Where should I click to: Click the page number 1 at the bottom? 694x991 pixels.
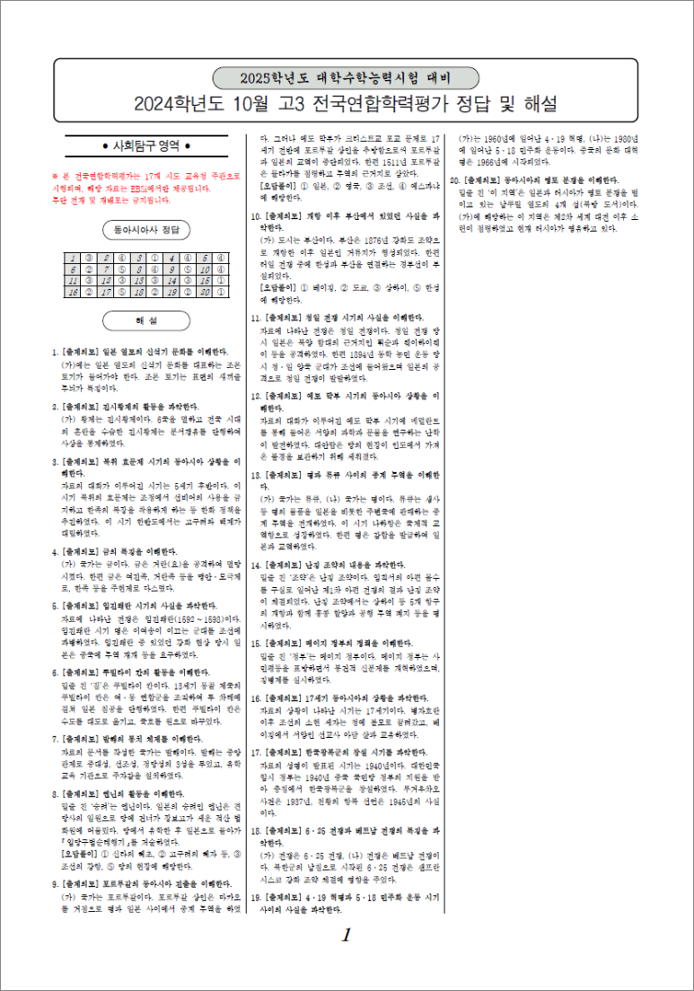click(346, 935)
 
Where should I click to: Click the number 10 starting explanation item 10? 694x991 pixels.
click(256, 216)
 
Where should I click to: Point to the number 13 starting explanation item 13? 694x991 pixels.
click(256, 473)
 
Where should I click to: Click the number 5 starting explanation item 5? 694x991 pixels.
click(56, 606)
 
